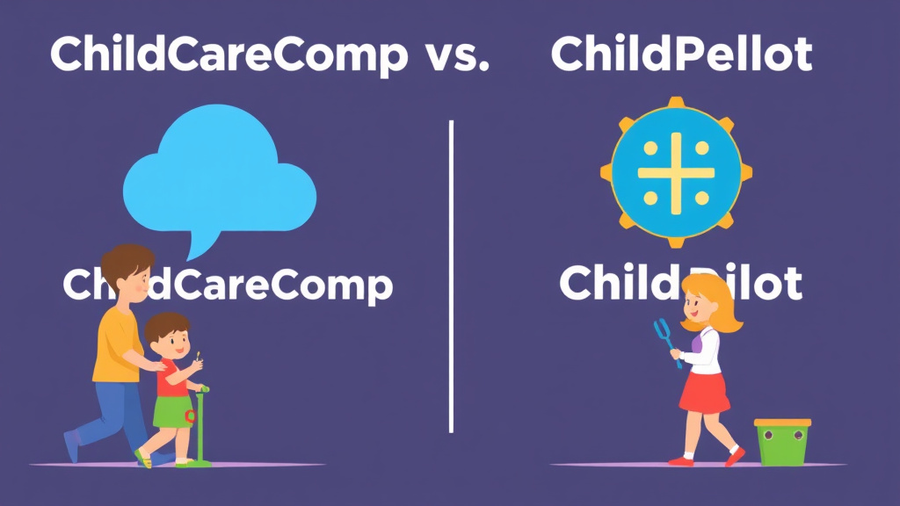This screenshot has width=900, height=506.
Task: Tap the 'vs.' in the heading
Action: coord(456,56)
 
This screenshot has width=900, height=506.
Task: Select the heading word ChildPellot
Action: coord(681,56)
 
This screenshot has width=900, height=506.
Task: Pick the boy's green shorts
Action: coord(173,411)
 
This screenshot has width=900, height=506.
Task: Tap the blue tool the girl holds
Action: coord(664,338)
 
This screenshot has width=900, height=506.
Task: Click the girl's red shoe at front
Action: coord(734,457)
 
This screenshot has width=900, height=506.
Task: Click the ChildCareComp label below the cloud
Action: coord(264,285)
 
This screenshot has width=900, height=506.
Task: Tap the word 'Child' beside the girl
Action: coord(615,284)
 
